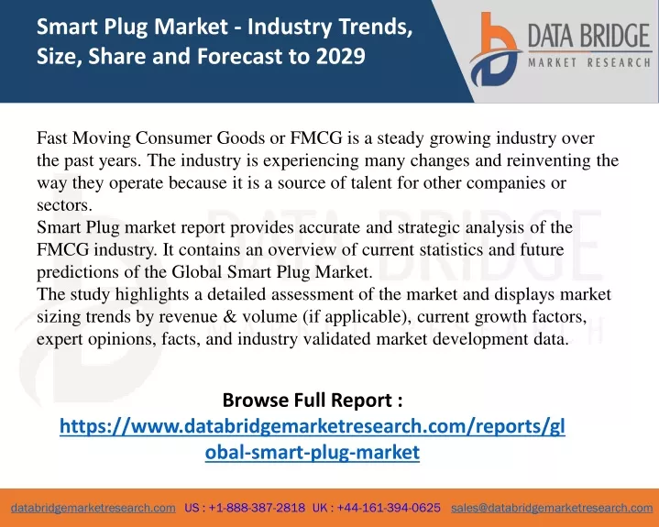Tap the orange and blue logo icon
(x=495, y=49)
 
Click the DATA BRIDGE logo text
(x=589, y=36)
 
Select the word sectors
(x=64, y=205)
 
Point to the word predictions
(x=78, y=272)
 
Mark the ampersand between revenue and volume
(x=230, y=316)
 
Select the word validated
(x=337, y=339)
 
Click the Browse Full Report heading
(x=313, y=400)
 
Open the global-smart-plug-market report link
(x=313, y=439)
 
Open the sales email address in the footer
(x=552, y=508)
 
